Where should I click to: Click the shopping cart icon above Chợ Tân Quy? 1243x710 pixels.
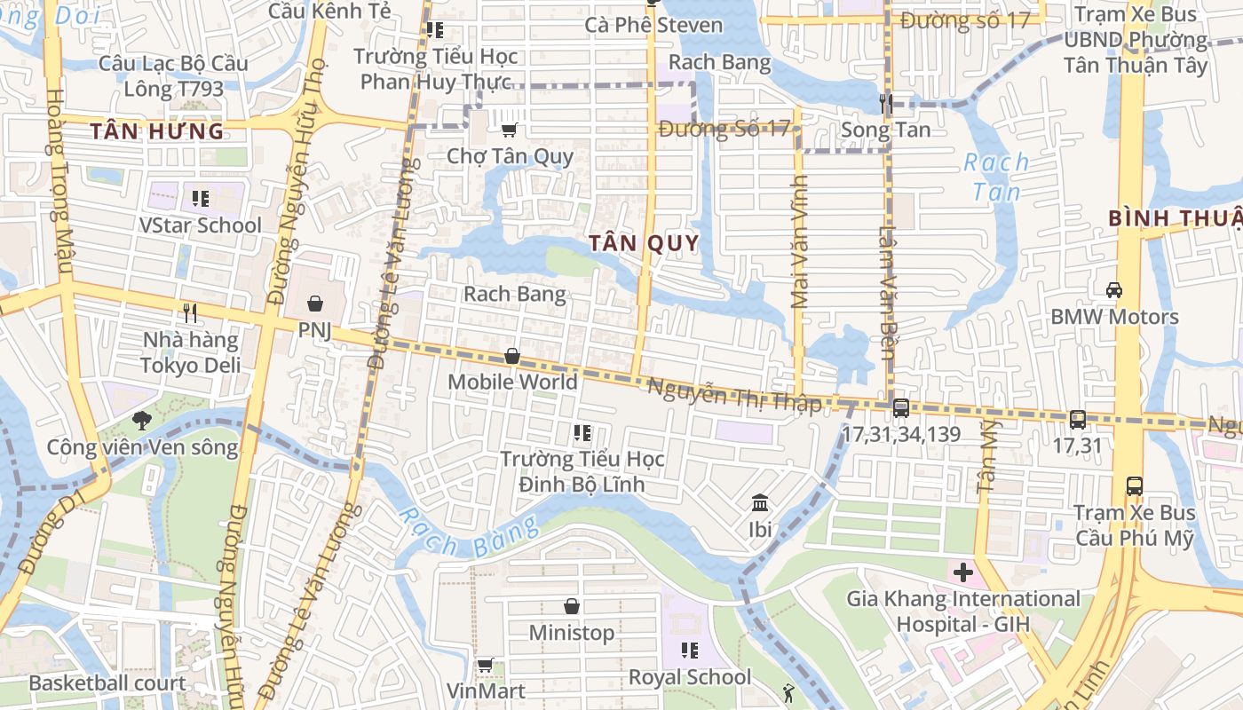509,130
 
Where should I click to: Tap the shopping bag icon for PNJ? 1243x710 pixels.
314,304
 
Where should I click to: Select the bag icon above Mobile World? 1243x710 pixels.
512,357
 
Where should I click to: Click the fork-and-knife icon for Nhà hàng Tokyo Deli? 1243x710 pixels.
189,312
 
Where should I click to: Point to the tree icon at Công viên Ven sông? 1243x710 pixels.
140,421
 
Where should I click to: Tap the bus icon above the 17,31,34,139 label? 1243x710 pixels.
900,408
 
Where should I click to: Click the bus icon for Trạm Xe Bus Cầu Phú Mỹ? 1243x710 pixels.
1134,486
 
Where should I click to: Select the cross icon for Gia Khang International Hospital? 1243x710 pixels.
963,572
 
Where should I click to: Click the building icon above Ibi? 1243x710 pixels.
760,504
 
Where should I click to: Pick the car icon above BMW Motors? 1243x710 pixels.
1113,290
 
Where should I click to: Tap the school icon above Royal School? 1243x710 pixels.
690,651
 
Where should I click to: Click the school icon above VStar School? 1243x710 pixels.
200,198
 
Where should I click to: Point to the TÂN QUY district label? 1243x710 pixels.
645,243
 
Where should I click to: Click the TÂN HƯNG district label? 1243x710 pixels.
157,132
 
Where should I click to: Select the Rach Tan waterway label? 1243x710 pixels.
996,177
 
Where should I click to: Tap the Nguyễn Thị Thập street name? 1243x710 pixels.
734,395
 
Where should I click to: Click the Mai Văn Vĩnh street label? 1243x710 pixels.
799,254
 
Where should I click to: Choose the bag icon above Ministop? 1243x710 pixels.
572,607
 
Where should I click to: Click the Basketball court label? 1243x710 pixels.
107,682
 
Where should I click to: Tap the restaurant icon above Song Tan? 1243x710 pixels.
885,104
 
